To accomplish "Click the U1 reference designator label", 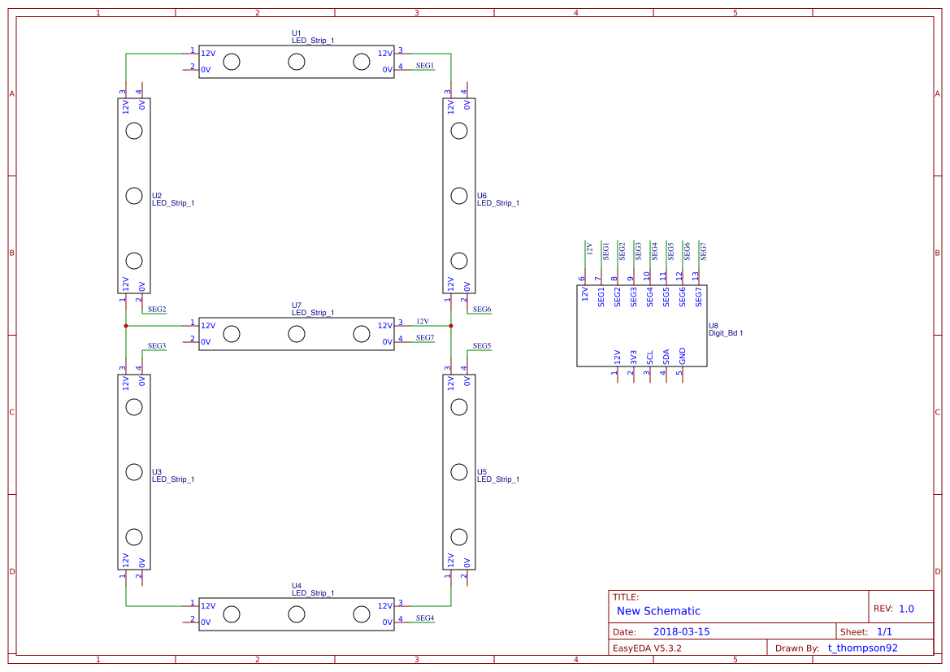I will click(297, 33).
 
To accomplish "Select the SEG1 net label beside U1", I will click(425, 65).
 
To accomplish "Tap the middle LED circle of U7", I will click(297, 333).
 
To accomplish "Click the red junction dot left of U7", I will click(126, 326).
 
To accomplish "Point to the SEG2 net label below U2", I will click(157, 310).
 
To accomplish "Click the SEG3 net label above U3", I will click(157, 346).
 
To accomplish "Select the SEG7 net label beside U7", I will click(425, 337).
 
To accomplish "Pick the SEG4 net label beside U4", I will click(425, 618).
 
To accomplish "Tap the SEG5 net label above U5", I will click(482, 346).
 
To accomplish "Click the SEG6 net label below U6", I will click(482, 310).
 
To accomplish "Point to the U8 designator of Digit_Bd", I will click(714, 325).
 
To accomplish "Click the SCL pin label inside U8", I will click(650, 357).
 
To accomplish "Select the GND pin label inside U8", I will click(683, 356).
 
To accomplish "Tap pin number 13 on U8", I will click(696, 276).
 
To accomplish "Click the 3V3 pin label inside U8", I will click(634, 357).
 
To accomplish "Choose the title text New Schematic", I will click(658, 611).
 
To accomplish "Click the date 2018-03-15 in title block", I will click(681, 631).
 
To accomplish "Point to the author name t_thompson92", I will click(862, 648).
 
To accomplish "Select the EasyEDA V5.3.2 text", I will click(647, 648).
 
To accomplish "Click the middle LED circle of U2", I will click(134, 195).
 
